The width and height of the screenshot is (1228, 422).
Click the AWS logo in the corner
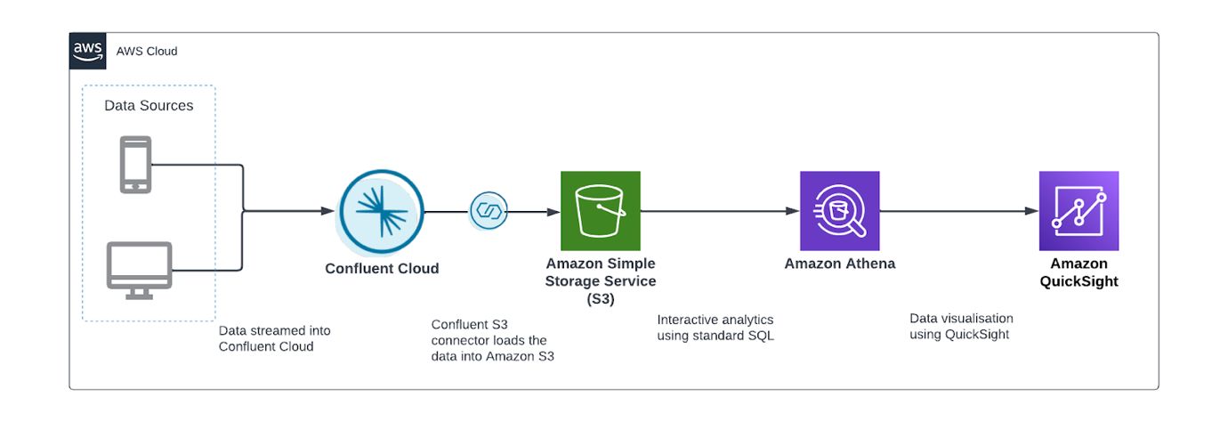click(87, 50)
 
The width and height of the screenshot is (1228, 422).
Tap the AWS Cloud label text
click(147, 51)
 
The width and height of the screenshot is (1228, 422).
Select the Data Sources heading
click(149, 105)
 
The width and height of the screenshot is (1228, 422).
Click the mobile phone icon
click(136, 165)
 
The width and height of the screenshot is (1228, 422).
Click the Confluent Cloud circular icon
click(382, 213)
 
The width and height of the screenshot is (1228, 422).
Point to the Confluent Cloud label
click(382, 268)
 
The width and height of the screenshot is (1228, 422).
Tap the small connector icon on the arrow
click(489, 212)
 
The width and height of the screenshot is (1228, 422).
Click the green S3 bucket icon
click(600, 211)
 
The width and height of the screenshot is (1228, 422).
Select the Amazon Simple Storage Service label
click(601, 280)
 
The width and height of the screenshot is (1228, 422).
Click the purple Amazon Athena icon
click(839, 211)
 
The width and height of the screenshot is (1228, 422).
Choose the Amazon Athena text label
click(839, 264)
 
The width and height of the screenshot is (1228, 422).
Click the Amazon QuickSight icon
click(1079, 211)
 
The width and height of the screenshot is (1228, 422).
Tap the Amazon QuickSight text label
click(1079, 272)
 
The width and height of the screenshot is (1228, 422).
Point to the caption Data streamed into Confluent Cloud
click(274, 338)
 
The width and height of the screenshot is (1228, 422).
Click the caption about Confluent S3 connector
click(492, 340)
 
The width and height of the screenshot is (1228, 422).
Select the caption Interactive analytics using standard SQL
click(715, 328)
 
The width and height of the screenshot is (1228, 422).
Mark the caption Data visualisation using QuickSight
click(961, 326)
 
